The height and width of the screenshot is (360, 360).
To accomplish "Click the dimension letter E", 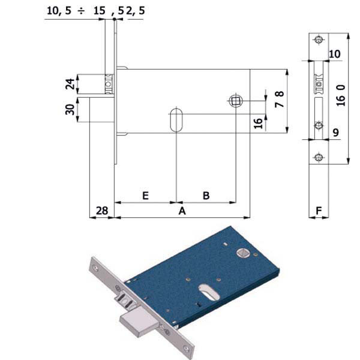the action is point(146,196).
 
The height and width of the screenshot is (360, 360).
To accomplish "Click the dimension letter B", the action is point(206,196).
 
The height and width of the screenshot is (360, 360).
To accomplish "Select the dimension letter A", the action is point(182,211).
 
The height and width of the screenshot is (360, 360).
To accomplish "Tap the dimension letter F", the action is point(319,211).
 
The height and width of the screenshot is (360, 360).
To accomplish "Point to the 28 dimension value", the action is point(102,211).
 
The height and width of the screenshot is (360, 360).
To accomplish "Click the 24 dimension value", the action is point(70,84).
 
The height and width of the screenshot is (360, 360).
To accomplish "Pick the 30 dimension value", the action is point(70,110).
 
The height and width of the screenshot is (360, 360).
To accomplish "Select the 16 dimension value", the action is point(258,123).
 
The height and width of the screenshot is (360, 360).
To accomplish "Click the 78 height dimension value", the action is point(279,99).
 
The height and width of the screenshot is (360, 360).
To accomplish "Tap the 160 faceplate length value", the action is point(341,95).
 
